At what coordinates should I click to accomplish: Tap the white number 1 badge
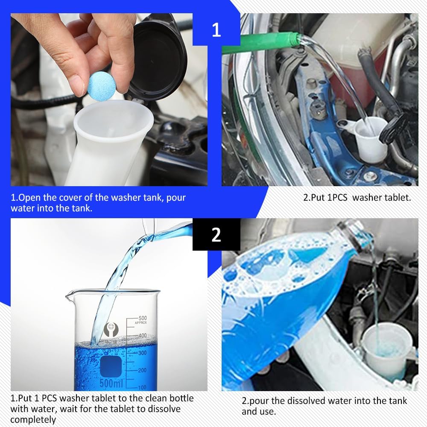[x=216, y=30]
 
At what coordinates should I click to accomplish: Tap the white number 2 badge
[x=216, y=234]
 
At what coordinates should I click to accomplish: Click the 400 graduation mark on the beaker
[x=142, y=336]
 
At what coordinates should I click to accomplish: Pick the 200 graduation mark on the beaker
[x=142, y=370]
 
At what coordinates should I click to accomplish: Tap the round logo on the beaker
[x=110, y=329]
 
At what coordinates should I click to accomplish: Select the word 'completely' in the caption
[x=33, y=419]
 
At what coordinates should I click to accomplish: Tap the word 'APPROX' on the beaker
[x=141, y=323]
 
